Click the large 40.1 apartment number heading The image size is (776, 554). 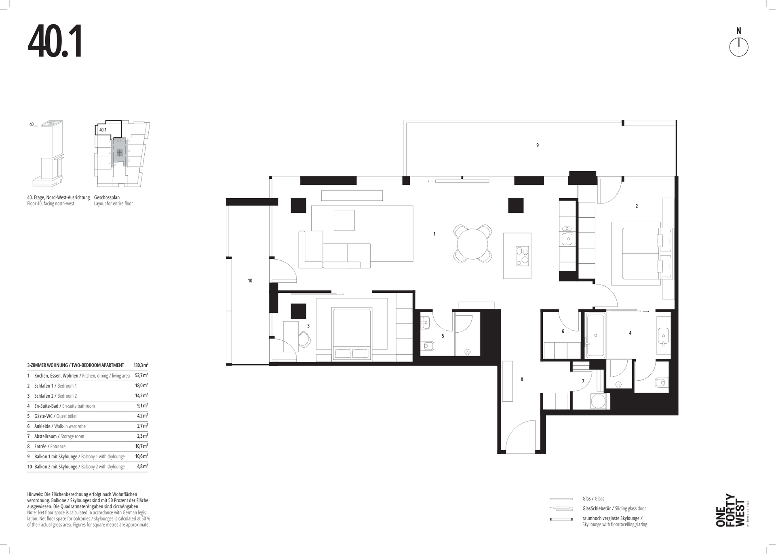point(55,42)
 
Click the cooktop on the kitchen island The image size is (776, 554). point(522,256)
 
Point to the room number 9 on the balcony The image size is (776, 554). point(538,145)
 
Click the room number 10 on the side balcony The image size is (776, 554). point(250,281)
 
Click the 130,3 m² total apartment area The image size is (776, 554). point(141,365)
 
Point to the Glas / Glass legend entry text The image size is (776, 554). point(593,499)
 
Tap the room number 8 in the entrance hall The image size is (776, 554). point(522,380)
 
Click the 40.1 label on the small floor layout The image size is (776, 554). point(103,130)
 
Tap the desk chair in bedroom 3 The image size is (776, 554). point(304,339)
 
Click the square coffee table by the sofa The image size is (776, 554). point(344,220)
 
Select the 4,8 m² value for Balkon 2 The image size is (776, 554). point(142,466)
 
